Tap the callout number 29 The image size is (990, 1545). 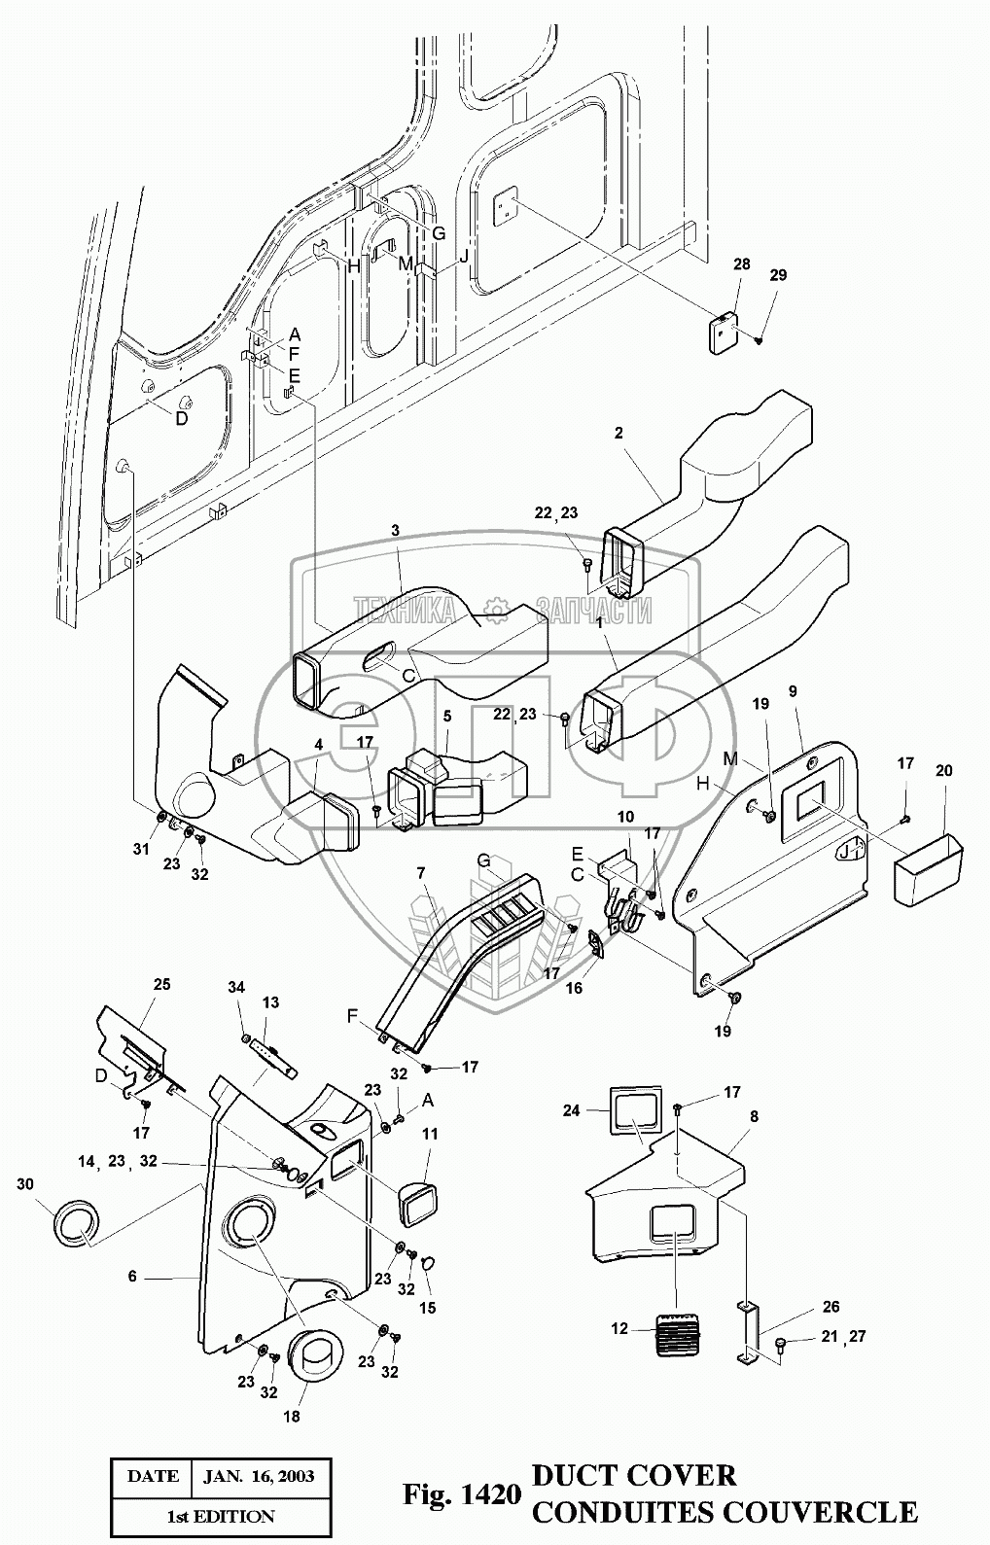pos(778,275)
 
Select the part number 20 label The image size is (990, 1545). pos(943,771)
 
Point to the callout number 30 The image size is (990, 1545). pos(25,1184)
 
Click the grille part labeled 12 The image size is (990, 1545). pos(680,1330)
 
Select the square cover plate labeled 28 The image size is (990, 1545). pos(724,334)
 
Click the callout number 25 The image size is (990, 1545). pos(161,984)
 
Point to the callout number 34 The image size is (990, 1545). pos(237,988)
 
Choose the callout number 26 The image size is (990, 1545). pos(831,1307)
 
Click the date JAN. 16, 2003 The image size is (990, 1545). pos(259,1476)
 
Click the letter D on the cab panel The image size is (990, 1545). pos(181,418)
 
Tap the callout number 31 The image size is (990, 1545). pos(142,850)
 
